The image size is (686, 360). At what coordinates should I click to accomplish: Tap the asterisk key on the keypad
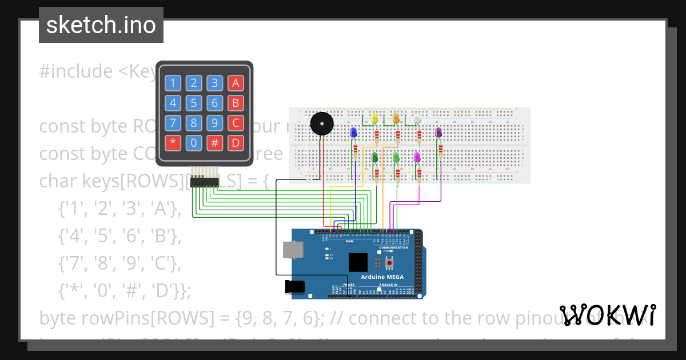pos(173,142)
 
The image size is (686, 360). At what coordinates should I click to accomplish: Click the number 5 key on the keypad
pos(194,103)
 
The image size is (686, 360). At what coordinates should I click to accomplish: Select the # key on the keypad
pos(214,142)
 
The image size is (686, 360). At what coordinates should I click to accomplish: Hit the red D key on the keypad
pos(235,142)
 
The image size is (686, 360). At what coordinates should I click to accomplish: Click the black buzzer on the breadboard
pos(320,123)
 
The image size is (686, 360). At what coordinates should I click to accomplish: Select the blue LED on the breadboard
pos(353,133)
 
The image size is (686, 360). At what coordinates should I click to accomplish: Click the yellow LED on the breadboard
pos(374,118)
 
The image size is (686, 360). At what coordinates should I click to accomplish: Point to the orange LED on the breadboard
pos(396,118)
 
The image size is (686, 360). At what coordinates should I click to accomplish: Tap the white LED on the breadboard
pos(417,119)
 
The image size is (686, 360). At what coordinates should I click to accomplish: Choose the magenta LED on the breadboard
pos(417,156)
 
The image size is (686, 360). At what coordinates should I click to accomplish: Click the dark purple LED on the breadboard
pos(438,133)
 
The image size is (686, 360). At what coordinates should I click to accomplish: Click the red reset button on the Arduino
pos(390,262)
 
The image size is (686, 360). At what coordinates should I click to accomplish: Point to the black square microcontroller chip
pos(358,262)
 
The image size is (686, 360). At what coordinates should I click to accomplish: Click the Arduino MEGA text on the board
pos(382,277)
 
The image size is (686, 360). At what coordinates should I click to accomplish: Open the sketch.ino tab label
pos(101,25)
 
